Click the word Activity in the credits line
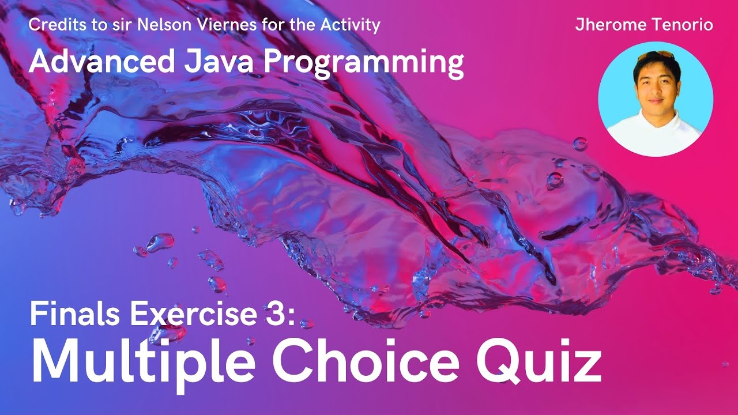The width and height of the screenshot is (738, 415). pyautogui.click(x=354, y=25)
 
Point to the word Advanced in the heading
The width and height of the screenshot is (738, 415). pyautogui.click(x=99, y=62)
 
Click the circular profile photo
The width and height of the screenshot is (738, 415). pyautogui.click(x=656, y=99)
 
